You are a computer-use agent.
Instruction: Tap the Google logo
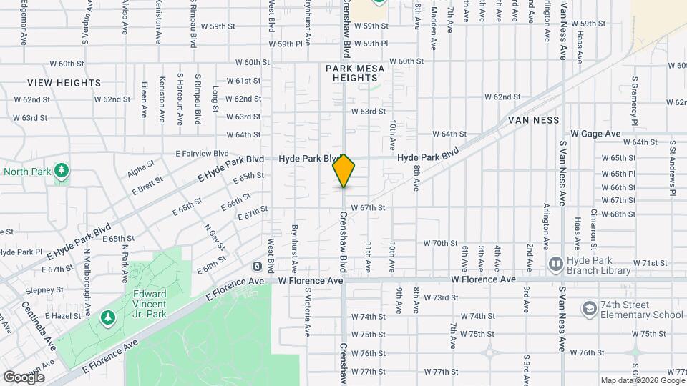[x=24, y=377]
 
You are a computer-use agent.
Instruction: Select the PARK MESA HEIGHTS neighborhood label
[x=355, y=73]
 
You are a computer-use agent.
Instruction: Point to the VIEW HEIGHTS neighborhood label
[x=64, y=83]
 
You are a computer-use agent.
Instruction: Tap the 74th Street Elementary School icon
[x=590, y=309]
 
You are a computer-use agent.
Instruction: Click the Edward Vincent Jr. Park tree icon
[x=108, y=316]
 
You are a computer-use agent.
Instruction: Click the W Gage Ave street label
[x=595, y=134]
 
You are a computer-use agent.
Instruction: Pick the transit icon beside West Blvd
[x=256, y=267]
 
